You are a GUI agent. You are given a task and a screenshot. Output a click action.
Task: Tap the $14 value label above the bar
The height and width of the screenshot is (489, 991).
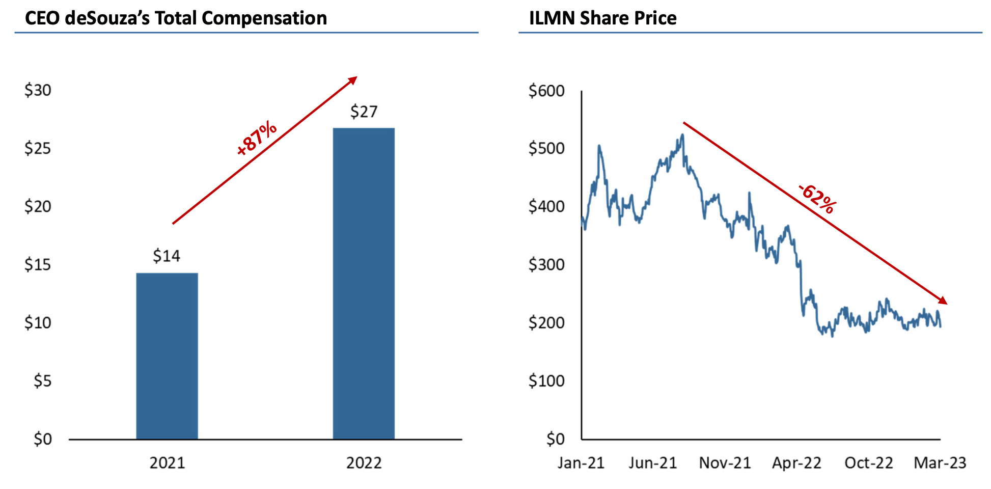click(167, 256)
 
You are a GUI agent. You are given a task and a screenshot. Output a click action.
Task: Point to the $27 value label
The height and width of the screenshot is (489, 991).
click(364, 112)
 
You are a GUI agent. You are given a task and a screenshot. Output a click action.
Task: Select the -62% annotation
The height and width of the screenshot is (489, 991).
click(817, 199)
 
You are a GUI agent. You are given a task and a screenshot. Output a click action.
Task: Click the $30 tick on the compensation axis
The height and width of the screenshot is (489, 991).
click(38, 91)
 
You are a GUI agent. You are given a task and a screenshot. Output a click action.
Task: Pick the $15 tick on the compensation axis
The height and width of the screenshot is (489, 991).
click(38, 265)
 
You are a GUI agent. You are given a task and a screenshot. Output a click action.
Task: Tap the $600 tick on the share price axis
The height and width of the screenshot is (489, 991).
click(546, 91)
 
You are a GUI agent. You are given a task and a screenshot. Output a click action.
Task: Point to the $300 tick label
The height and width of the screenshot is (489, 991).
click(546, 265)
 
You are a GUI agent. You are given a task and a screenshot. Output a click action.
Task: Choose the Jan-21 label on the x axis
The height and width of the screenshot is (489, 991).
click(581, 463)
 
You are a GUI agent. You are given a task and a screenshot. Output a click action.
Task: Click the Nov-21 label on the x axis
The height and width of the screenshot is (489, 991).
click(725, 463)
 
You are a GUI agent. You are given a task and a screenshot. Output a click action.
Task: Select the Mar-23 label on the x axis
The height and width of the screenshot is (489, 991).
click(940, 463)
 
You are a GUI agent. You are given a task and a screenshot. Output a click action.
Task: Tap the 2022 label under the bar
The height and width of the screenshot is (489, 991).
click(364, 463)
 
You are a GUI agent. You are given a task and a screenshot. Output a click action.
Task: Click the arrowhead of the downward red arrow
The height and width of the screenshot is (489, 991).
click(943, 301)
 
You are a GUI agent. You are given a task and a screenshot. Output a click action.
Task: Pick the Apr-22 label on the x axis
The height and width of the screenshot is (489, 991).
click(796, 463)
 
